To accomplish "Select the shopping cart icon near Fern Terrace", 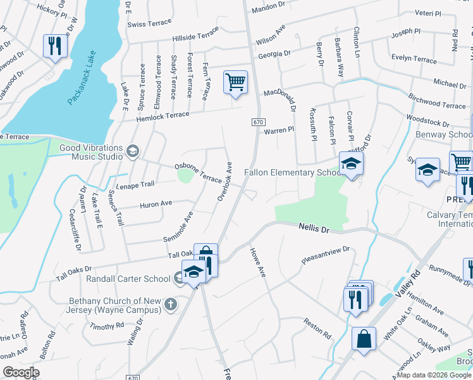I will tap(235, 82).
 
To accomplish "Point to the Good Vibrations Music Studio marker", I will tap(133, 151).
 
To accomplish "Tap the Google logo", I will tap(21, 372).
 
